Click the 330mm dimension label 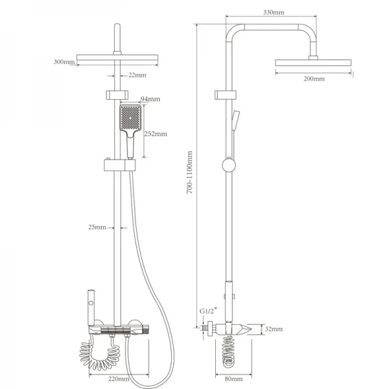click(x=274, y=12)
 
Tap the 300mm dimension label click(x=64, y=62)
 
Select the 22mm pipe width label click(x=137, y=75)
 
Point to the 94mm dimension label click(x=150, y=99)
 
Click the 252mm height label click(x=156, y=134)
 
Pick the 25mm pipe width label click(x=97, y=228)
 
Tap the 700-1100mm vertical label click(x=189, y=172)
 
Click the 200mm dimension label click(x=314, y=79)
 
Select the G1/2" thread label click(x=208, y=311)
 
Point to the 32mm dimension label click(x=274, y=329)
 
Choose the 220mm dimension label click(x=119, y=379)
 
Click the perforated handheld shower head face click(x=130, y=118)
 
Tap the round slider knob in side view click(x=229, y=165)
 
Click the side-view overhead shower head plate click(x=313, y=62)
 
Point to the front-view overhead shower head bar click(x=117, y=58)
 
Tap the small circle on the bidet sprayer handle click(x=91, y=303)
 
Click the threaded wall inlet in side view click(x=205, y=328)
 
